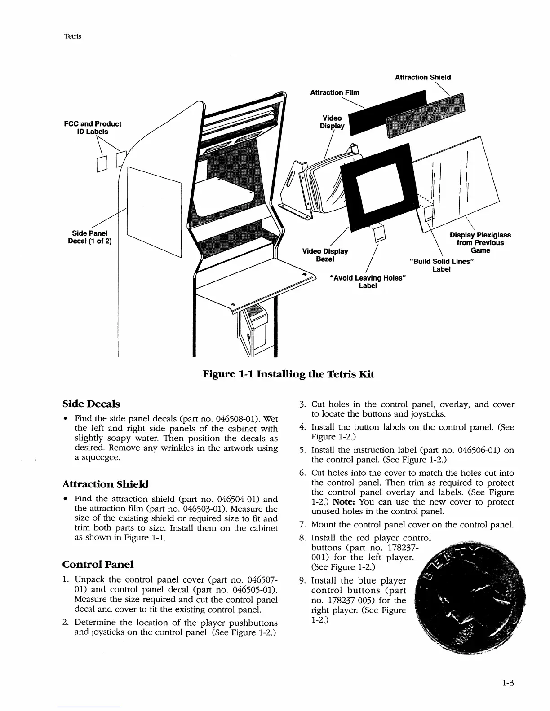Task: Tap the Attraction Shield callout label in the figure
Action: pos(422,77)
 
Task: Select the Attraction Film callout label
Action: pos(334,92)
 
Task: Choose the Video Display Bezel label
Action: pos(325,255)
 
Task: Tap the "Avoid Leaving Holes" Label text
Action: pos(367,282)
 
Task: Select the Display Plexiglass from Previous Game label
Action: pos(480,242)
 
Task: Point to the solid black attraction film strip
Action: pos(386,112)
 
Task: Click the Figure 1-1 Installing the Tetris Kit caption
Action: pos(288,374)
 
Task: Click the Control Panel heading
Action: pos(98,564)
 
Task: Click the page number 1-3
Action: pos(508,684)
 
